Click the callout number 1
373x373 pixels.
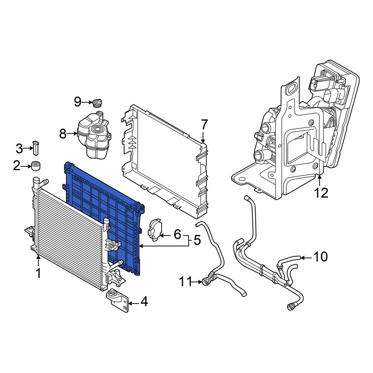coord(38,273)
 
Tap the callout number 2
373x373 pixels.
coord(17,166)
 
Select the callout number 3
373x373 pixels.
coord(19,148)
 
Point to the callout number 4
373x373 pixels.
coord(144,302)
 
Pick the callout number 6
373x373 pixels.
coord(178,234)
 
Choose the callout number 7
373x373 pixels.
coord(204,125)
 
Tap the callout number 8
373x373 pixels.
coord(63,134)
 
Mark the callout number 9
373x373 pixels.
coord(78,102)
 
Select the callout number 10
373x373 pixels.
coord(320,257)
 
